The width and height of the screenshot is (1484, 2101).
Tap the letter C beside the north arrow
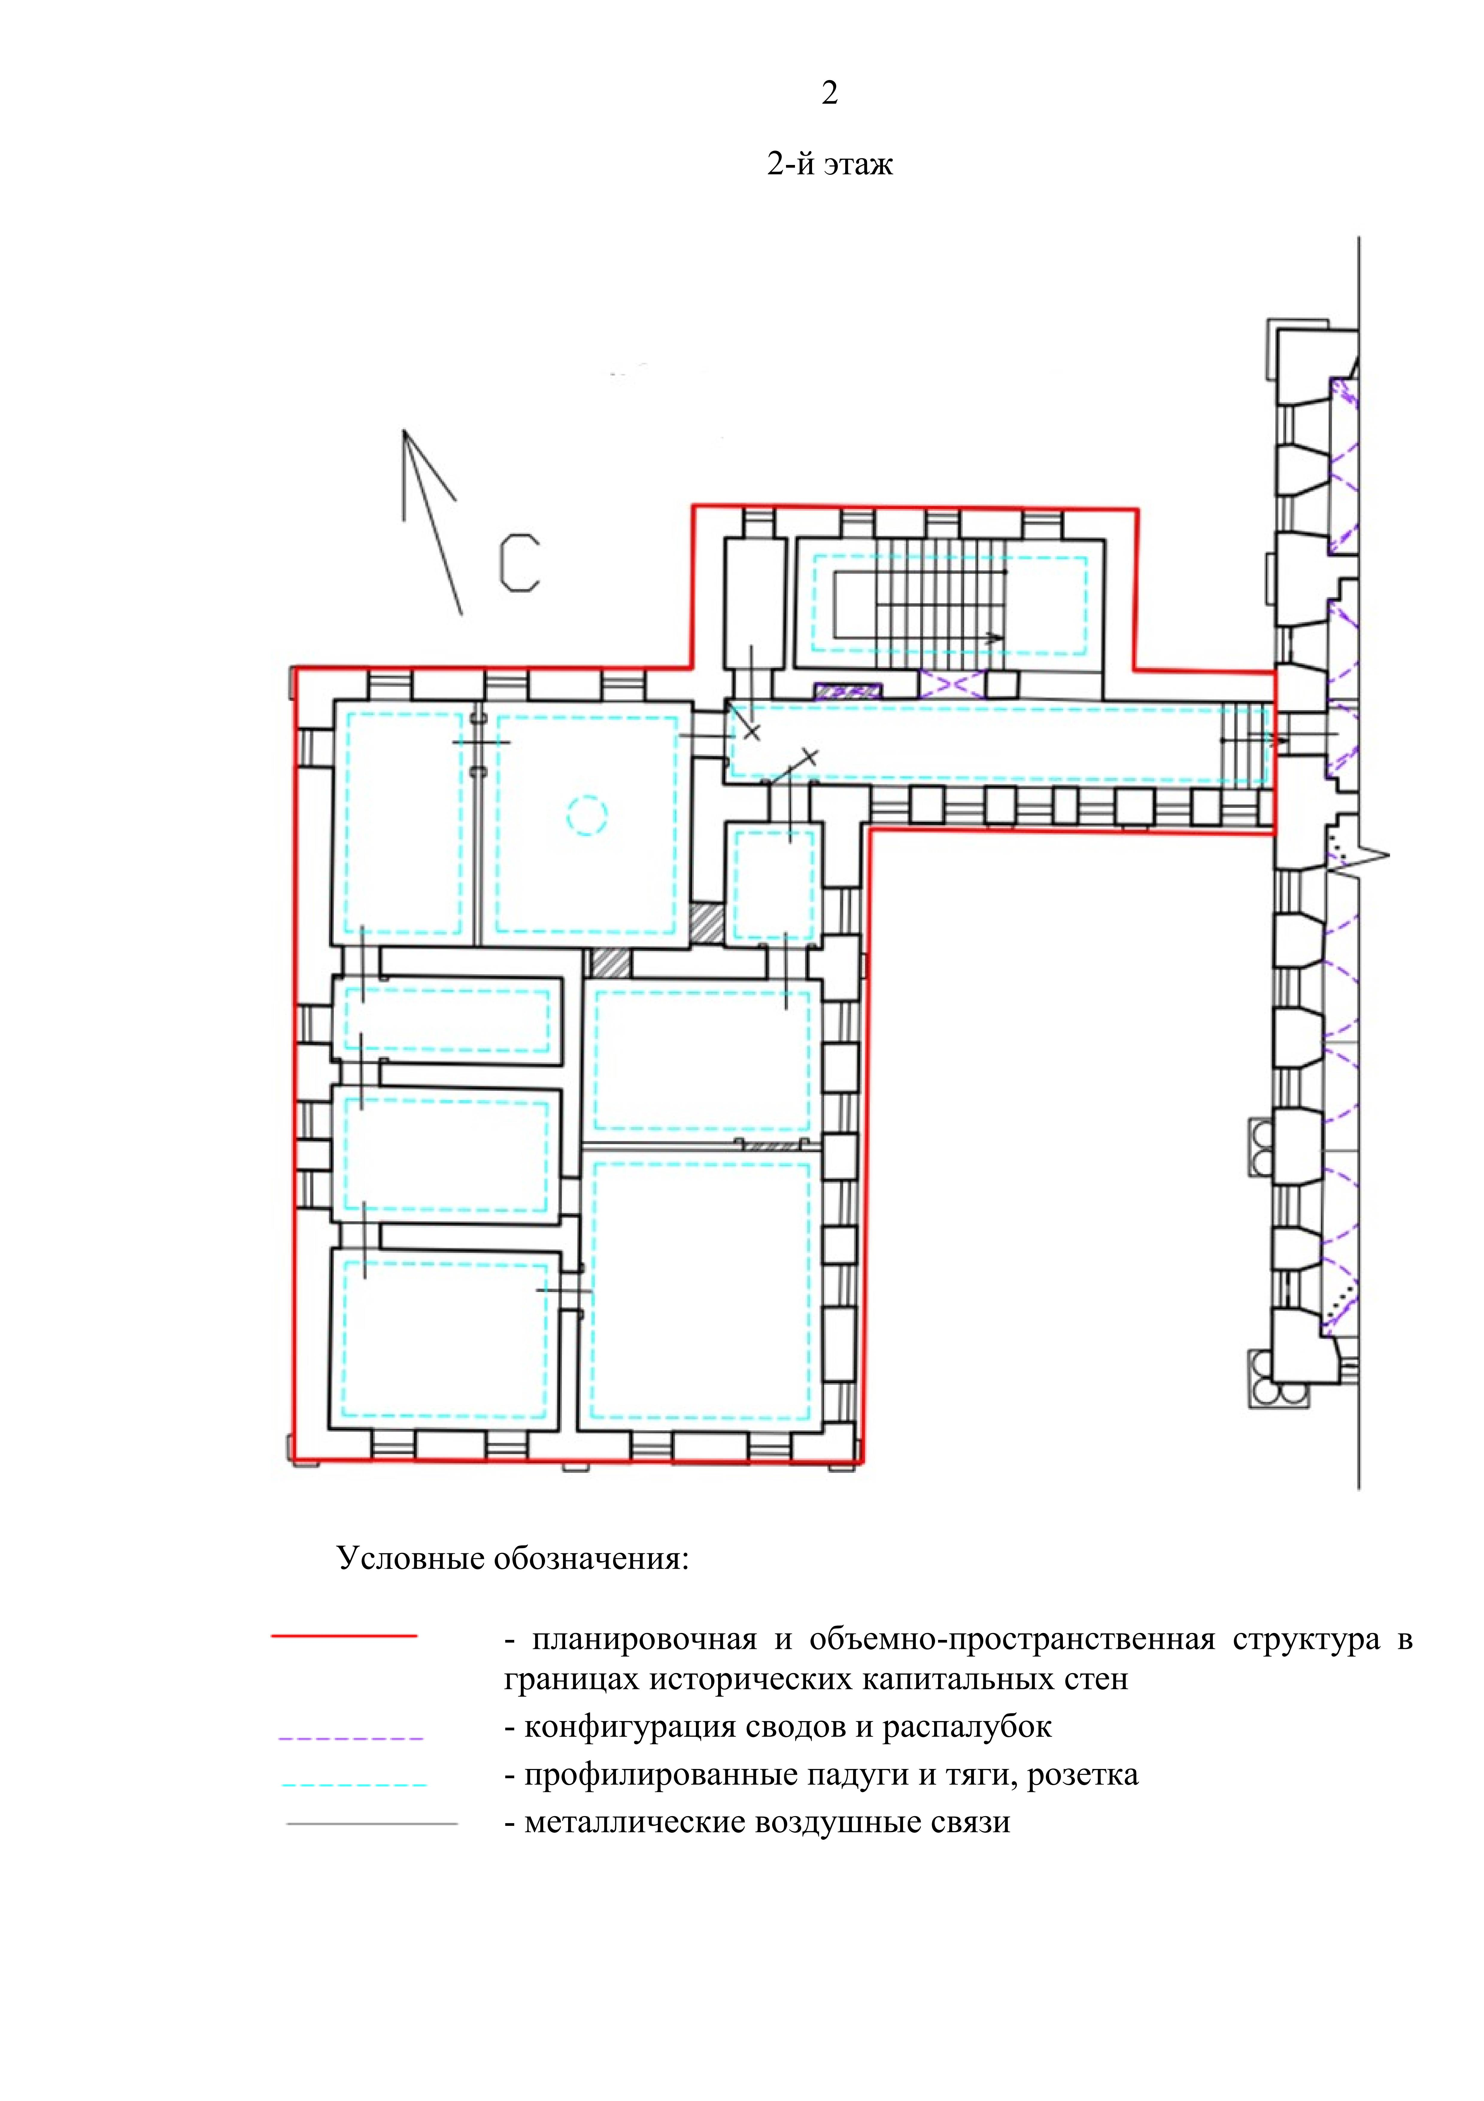click(x=519, y=563)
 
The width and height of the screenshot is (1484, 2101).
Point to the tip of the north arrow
click(x=403, y=430)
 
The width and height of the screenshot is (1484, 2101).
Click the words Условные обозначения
click(x=512, y=1558)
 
